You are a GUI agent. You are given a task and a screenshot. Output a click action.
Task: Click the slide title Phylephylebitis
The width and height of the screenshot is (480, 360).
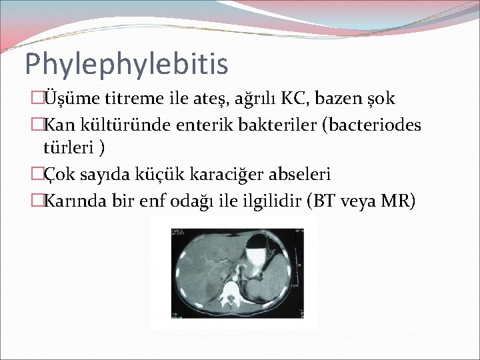click(x=126, y=64)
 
